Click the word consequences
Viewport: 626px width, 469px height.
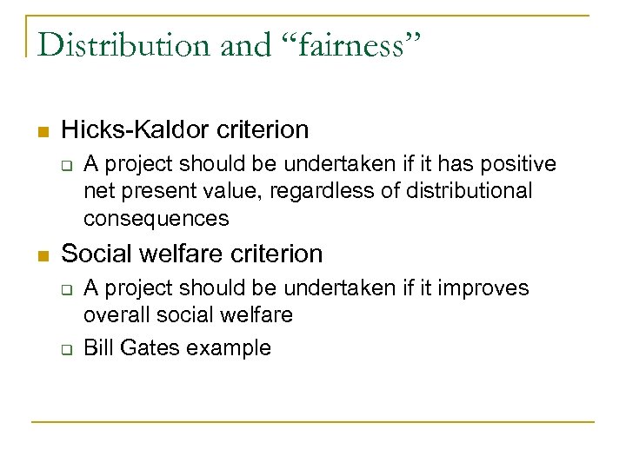[156, 218]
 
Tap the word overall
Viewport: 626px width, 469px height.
[115, 314]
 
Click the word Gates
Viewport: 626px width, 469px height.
[149, 348]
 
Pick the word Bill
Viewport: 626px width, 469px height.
[98, 348]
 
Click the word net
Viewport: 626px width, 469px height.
[97, 191]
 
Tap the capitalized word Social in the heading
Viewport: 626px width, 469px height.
[97, 254]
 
